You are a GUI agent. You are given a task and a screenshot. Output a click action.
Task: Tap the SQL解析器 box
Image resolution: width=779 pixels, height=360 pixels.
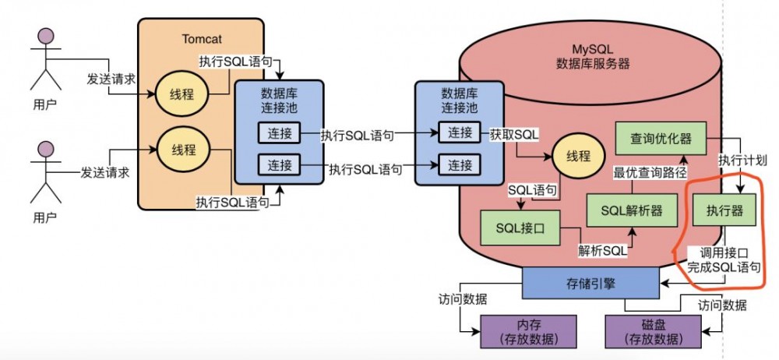tap(631, 210)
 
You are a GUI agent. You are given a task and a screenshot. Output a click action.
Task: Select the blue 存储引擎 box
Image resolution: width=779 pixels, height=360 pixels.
tap(590, 282)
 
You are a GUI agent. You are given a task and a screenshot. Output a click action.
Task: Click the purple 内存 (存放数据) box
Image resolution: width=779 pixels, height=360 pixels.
tap(528, 331)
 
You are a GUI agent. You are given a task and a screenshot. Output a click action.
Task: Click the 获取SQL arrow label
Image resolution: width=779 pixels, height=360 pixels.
tap(514, 134)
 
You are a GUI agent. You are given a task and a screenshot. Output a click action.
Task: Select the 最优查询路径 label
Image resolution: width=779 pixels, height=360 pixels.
tap(646, 172)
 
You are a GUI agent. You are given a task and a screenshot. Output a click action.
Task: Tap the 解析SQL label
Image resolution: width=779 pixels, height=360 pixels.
tap(601, 250)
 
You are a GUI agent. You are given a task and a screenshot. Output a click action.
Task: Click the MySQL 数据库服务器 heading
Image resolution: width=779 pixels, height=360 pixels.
tap(593, 57)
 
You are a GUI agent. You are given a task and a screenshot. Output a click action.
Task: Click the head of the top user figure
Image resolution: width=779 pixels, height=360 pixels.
tap(45, 38)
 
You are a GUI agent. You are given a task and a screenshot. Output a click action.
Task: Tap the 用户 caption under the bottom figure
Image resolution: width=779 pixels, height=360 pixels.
tap(44, 216)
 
